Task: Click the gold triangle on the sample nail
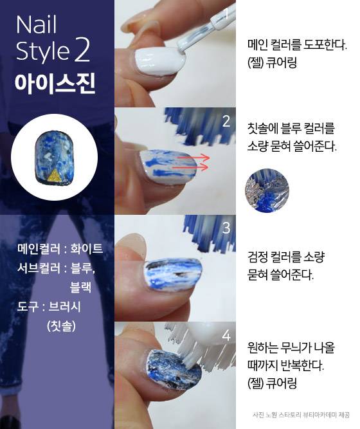pyautogui.click(x=55, y=175)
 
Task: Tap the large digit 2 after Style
pyautogui.click(x=82, y=50)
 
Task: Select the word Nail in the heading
pyautogui.click(x=37, y=24)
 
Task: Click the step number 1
pyautogui.click(x=226, y=14)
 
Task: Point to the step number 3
pyautogui.click(x=226, y=228)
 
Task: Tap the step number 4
pyautogui.click(x=226, y=336)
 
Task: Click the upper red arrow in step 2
pyautogui.click(x=193, y=158)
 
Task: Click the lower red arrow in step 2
pyautogui.click(x=190, y=167)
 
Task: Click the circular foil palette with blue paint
pyautogui.click(x=267, y=190)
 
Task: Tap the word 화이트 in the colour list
pyautogui.click(x=87, y=248)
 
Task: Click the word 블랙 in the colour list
pyautogui.click(x=81, y=287)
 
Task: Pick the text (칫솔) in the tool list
pyautogui.click(x=61, y=325)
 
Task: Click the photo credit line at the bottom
pyautogui.click(x=301, y=415)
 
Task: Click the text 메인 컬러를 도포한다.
pyautogui.click(x=297, y=44)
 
